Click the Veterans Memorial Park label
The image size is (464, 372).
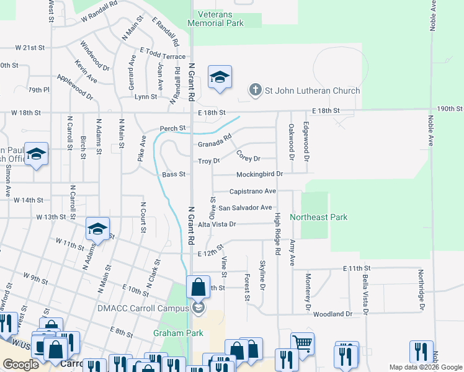click(x=220, y=19)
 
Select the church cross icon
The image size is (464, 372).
click(x=255, y=91)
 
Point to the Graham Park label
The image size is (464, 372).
click(x=178, y=333)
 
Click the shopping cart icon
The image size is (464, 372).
click(x=302, y=343)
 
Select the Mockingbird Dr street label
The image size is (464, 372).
click(x=259, y=174)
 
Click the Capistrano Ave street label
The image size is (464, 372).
click(x=252, y=192)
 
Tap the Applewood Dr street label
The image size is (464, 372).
click(x=74, y=87)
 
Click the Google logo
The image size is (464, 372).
click(x=21, y=365)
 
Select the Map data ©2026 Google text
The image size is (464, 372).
click(x=425, y=367)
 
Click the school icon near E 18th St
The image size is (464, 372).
click(x=220, y=77)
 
